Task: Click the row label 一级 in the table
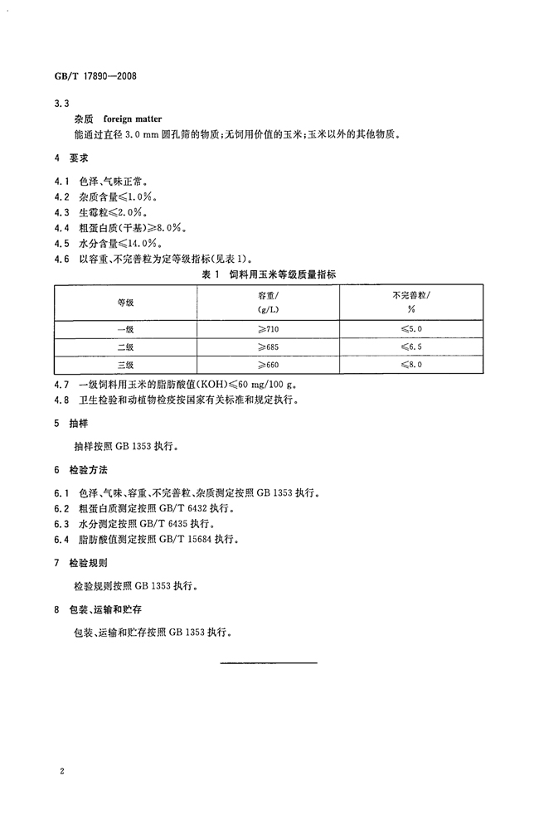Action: [125, 328]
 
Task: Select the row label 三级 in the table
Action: [125, 365]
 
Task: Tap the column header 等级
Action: [125, 303]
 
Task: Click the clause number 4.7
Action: [61, 384]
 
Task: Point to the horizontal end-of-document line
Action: [269, 662]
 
